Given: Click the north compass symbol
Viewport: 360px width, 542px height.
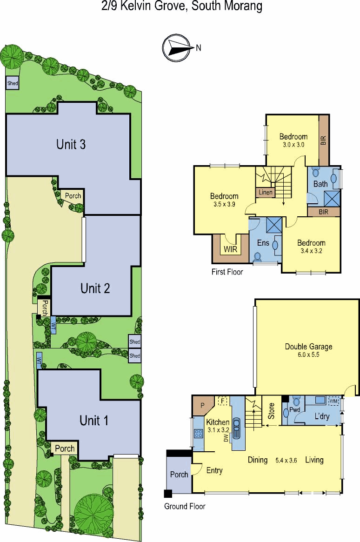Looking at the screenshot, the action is click(x=178, y=48).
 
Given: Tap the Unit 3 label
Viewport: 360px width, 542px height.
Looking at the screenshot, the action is click(x=71, y=144).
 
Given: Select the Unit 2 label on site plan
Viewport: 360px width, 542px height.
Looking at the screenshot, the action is click(x=95, y=288).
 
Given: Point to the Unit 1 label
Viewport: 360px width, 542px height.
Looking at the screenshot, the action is click(x=93, y=420).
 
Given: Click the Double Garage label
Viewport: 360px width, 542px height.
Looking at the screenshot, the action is click(x=308, y=346).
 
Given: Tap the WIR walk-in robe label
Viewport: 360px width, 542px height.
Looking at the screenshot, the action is click(x=230, y=249).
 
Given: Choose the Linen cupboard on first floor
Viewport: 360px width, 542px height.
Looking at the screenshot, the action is click(x=265, y=192).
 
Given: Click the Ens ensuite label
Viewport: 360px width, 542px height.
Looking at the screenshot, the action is click(x=263, y=243).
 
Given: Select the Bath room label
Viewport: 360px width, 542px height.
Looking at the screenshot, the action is click(x=320, y=184).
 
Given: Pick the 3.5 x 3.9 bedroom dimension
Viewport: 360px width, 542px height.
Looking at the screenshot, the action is click(x=224, y=204).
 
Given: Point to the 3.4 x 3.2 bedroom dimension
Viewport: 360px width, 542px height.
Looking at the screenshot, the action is click(x=311, y=251).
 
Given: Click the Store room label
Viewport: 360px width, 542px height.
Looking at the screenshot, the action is click(x=272, y=411).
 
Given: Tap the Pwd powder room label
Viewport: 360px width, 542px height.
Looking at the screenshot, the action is click(x=294, y=409).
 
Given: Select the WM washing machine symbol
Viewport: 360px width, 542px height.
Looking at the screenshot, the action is click(x=333, y=401).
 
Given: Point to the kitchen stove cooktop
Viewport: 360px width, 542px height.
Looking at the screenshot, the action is click(x=198, y=434).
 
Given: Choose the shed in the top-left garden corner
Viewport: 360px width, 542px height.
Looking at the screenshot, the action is click(x=13, y=83).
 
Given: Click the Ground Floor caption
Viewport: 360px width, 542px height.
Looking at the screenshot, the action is click(x=185, y=506).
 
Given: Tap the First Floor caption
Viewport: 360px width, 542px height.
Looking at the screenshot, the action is click(x=227, y=272).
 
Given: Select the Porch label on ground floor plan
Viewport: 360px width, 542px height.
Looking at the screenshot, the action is click(x=179, y=474).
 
